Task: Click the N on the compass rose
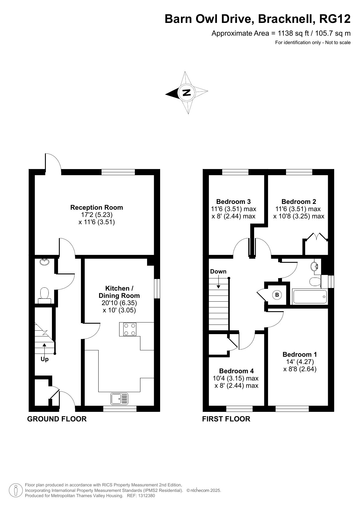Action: pyautogui.click(x=187, y=93)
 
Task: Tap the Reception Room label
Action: pyautogui.click(x=97, y=207)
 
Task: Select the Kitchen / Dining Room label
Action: pyautogui.click(x=119, y=292)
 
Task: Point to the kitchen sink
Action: pyautogui.click(x=119, y=398)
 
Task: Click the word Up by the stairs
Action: pyautogui.click(x=45, y=359)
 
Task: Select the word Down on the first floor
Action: pyautogui.click(x=218, y=271)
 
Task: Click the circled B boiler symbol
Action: pyautogui.click(x=277, y=295)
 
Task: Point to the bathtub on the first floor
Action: pyautogui.click(x=310, y=296)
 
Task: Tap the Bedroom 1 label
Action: pyautogui.click(x=300, y=354)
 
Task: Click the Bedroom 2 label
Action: pyautogui.click(x=299, y=202)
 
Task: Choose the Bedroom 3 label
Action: pyautogui.click(x=234, y=202)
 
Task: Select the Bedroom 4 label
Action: pyautogui.click(x=236, y=371)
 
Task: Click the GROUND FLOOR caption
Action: pyautogui.click(x=57, y=419)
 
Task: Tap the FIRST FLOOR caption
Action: pyautogui.click(x=226, y=419)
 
